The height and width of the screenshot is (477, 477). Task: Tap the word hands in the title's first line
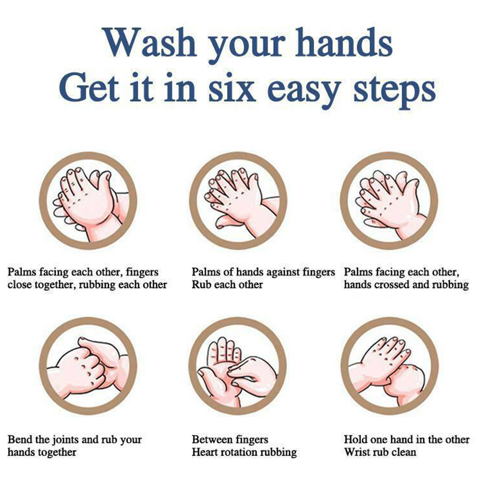point(344,42)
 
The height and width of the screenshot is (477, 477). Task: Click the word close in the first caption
point(19,285)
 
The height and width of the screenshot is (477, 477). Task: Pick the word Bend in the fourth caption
point(20,439)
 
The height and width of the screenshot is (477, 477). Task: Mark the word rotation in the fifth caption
point(239,452)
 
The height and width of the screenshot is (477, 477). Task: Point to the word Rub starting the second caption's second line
point(200,285)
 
